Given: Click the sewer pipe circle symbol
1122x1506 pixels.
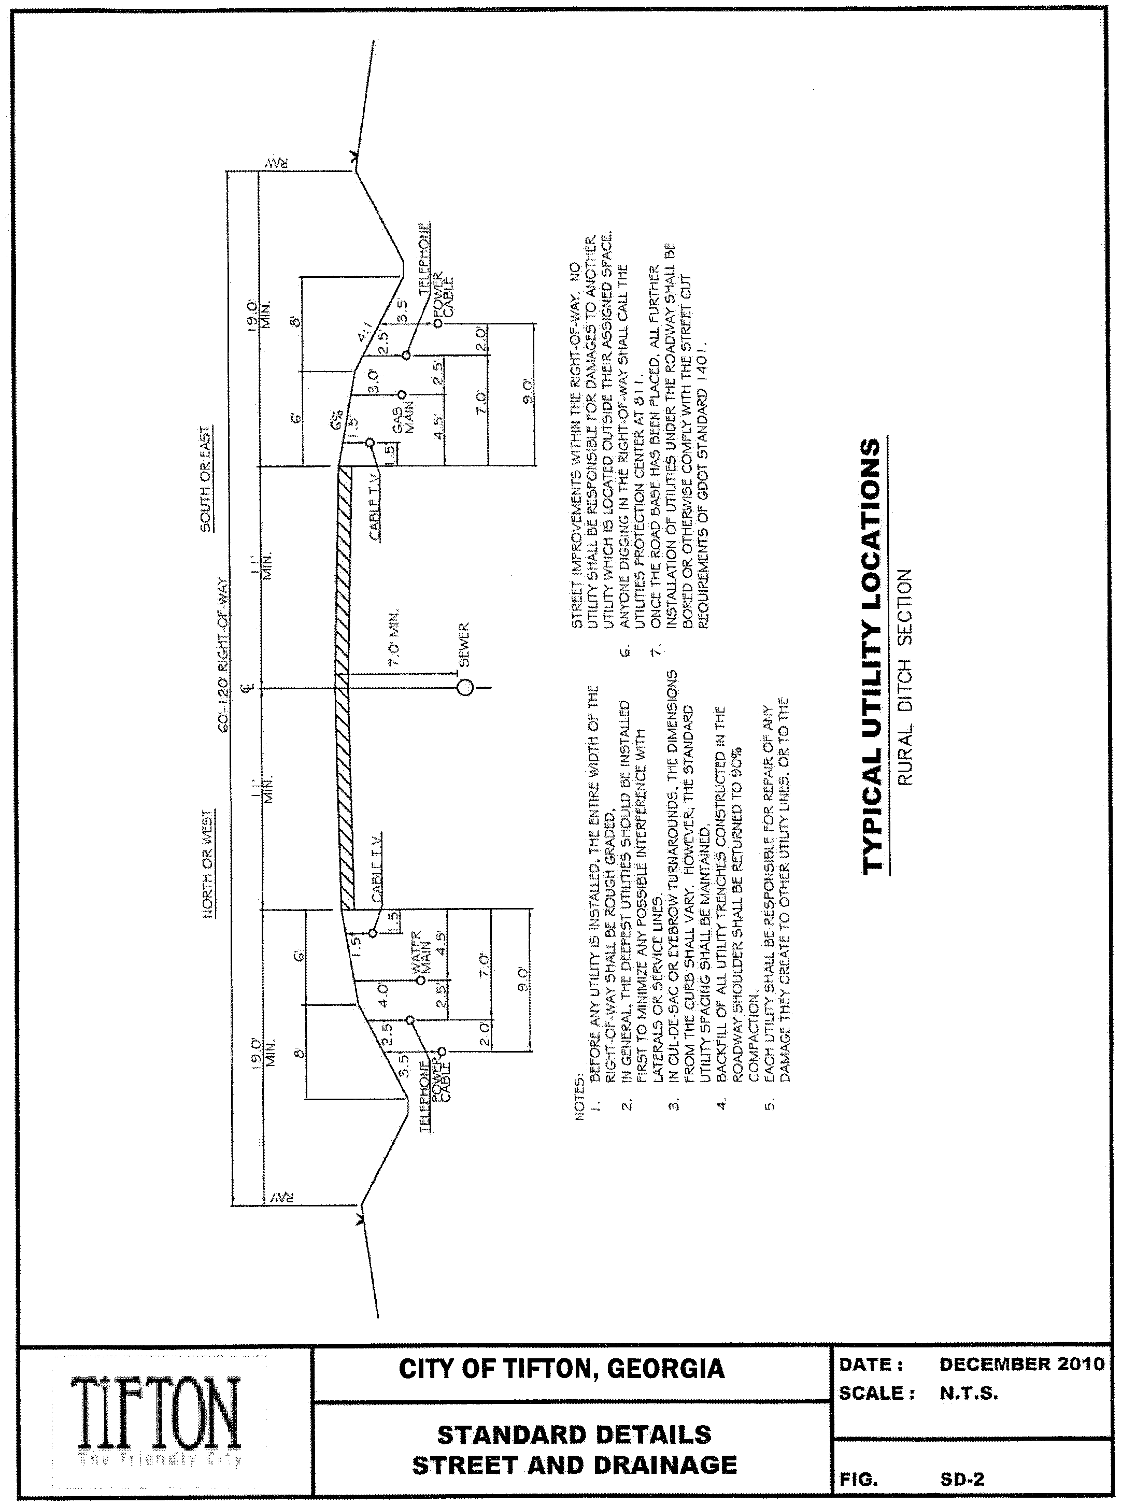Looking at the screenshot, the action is click(x=465, y=688).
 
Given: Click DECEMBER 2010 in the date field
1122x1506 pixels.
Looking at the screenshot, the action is click(x=1021, y=1364).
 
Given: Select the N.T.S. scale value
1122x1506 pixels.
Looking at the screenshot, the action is click(x=969, y=1394).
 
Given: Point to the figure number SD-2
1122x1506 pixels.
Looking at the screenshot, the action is click(x=962, y=1479).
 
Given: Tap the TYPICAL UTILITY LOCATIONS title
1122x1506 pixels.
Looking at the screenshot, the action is click(x=871, y=655).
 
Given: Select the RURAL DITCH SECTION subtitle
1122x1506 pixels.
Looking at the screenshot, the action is click(x=905, y=676).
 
